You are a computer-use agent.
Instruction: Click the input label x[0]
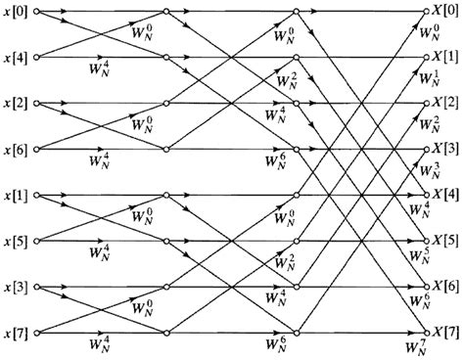17,13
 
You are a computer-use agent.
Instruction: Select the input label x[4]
17,58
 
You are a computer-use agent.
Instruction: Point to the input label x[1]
17,196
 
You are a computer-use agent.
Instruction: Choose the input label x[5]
17,241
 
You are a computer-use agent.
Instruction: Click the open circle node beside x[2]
37,103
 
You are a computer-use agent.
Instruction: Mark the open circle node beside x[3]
37,287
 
